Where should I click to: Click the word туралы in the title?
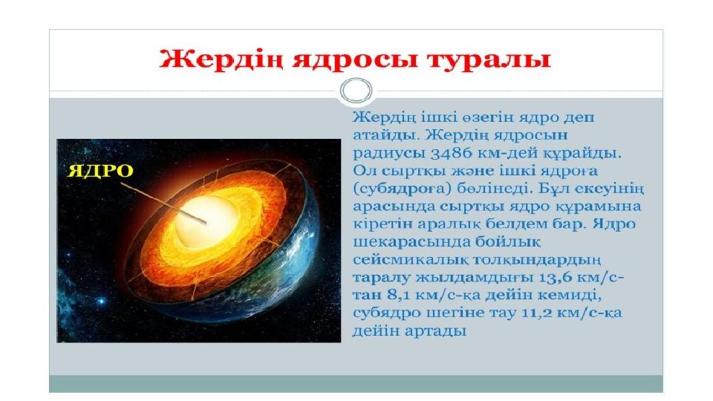(489, 59)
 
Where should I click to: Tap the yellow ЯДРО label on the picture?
(100, 171)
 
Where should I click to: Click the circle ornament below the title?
(356, 90)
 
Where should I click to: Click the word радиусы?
(388, 154)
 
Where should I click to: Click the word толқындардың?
(537, 260)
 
